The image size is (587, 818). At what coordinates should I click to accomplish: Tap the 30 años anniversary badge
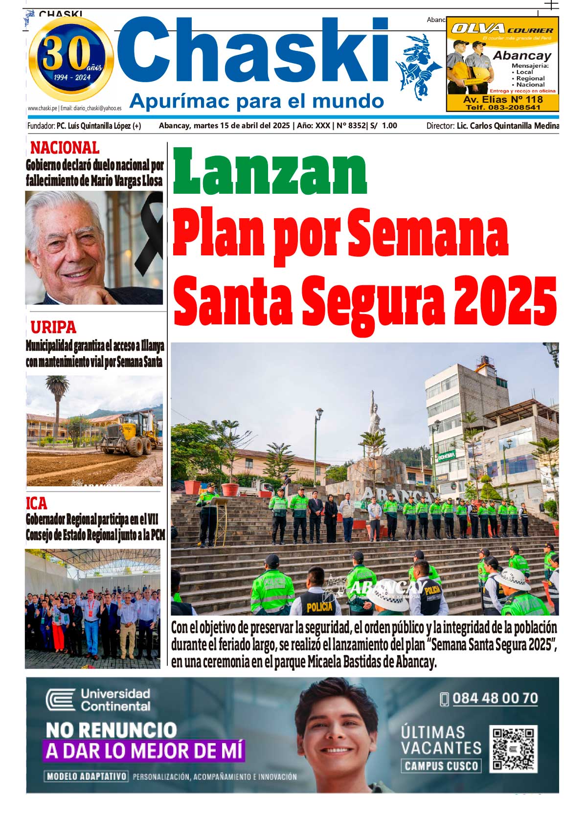click(71, 59)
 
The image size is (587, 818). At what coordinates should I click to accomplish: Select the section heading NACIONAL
click(65, 147)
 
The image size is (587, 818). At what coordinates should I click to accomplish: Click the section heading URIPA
click(53, 326)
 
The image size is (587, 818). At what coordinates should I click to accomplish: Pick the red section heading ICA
click(37, 503)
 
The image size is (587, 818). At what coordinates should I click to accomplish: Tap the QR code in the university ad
click(513, 749)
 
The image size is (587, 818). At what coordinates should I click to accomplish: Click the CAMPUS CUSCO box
click(441, 766)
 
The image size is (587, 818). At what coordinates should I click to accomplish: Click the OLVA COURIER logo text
click(502, 29)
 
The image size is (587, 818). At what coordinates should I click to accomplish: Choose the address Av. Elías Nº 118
click(503, 99)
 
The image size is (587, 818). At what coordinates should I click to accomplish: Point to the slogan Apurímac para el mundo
click(256, 101)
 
